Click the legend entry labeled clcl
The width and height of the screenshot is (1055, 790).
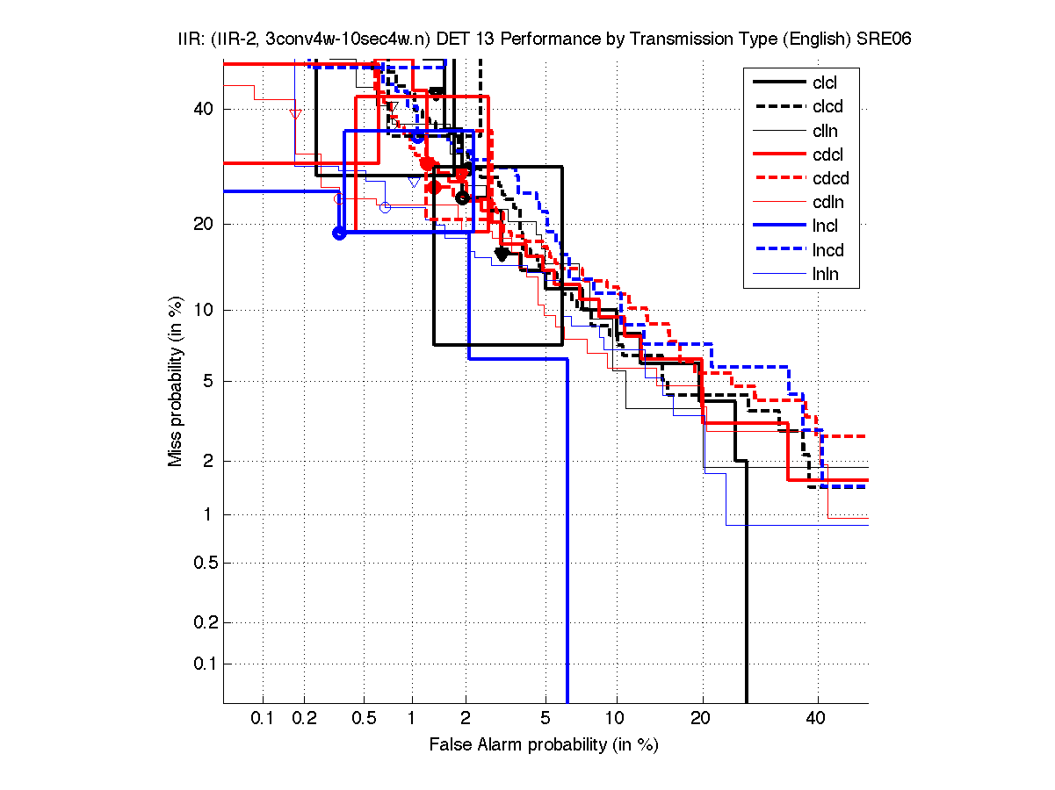(825, 83)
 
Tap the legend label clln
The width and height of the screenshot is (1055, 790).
(825, 131)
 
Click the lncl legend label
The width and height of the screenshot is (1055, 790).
(825, 226)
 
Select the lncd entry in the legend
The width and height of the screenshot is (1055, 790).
(827, 250)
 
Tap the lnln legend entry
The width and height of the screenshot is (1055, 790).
(825, 274)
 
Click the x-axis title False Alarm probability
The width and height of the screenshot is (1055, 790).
(543, 744)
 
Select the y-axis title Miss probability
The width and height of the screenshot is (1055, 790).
(176, 383)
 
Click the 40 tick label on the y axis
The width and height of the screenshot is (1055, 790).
(203, 109)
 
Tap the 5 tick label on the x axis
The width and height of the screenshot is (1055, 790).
(546, 718)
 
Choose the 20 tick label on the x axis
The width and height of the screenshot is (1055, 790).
(701, 718)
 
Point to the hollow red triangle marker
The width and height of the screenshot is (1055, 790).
(295, 113)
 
